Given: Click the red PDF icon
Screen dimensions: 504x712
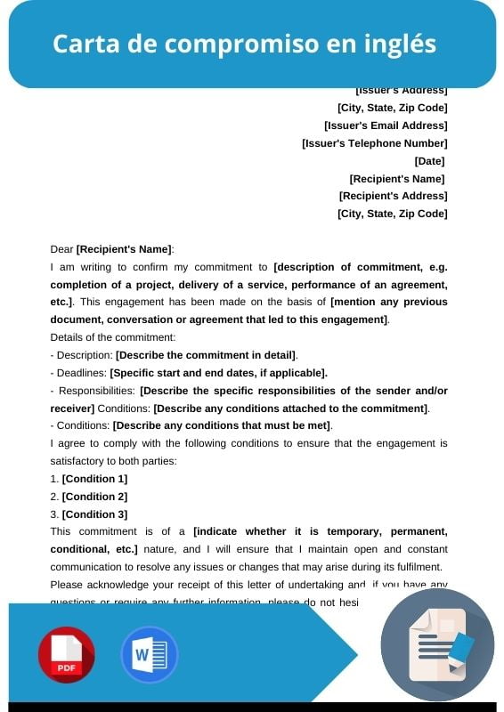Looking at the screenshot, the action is coord(66,654).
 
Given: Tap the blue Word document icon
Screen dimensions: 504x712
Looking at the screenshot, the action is coord(149,654).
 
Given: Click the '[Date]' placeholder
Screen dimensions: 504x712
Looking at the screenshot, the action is coord(429,161).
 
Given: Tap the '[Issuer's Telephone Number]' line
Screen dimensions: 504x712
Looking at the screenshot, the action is coord(375,143).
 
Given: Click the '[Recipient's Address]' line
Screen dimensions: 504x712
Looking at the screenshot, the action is coord(393,196).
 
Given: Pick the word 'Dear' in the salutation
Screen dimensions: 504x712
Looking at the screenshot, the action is coord(62,249).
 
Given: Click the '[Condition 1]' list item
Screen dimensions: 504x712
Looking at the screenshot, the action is coord(94,479).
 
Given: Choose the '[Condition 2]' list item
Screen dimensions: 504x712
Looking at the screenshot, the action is coord(94,497).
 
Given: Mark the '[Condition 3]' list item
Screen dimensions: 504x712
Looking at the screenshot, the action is coord(94,514).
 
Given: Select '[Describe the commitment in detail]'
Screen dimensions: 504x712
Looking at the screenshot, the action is coord(207,355).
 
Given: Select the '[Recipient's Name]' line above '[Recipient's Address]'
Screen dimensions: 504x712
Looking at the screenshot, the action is coord(397,179).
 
